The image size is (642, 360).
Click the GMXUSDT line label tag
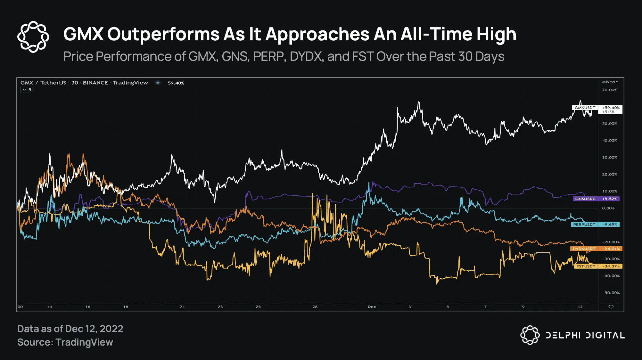(585, 108)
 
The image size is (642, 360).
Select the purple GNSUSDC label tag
(585, 199)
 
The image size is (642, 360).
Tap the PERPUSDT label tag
(584, 225)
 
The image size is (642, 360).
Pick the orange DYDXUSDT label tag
(584, 249)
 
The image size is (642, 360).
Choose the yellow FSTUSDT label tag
(586, 266)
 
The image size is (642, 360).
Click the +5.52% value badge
(609, 199)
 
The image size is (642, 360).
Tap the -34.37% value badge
(611, 266)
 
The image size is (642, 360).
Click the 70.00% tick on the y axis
(609, 90)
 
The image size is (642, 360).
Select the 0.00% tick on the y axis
(608, 208)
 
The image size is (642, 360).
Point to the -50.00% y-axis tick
(611, 293)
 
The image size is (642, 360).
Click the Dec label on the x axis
(372, 307)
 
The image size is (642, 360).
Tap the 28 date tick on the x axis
(315, 307)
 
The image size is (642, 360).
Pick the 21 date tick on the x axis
(182, 307)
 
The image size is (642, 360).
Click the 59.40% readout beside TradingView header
(176, 83)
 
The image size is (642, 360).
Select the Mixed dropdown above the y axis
(610, 82)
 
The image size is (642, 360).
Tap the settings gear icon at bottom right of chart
(611, 307)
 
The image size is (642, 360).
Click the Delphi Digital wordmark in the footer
(585, 335)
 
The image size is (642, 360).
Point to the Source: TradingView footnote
(65, 342)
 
